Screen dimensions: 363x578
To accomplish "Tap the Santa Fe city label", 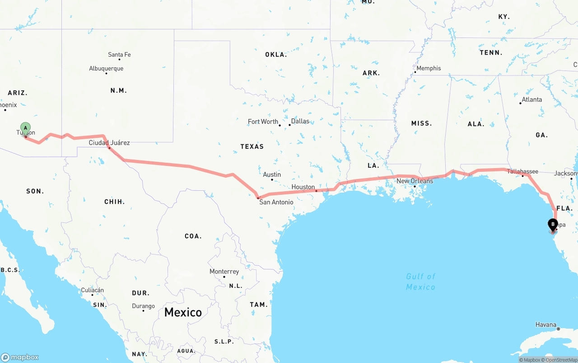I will (x=119, y=55).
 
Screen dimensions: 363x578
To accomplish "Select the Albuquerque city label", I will (x=106, y=69).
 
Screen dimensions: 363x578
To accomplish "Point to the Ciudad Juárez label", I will (x=109, y=143).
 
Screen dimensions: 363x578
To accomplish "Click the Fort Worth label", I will (x=263, y=122).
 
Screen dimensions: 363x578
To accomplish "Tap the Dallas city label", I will (x=300, y=121).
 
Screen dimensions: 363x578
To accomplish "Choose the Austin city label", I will (x=272, y=174).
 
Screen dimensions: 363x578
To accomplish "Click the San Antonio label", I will (x=276, y=202).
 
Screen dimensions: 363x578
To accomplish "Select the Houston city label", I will (x=303, y=187).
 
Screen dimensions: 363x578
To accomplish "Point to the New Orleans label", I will (x=415, y=181).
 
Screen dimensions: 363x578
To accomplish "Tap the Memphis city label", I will (x=429, y=68).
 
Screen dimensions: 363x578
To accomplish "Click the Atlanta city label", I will (x=531, y=99).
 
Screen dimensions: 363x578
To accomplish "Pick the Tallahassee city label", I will (x=522, y=171).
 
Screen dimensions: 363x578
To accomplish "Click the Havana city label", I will (x=545, y=325).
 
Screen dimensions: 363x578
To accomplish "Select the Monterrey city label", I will (x=224, y=272).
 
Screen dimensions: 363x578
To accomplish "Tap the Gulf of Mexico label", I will (x=420, y=282).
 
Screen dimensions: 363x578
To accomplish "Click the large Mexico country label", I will (x=183, y=312).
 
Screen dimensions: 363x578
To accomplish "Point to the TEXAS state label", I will (x=252, y=146).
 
